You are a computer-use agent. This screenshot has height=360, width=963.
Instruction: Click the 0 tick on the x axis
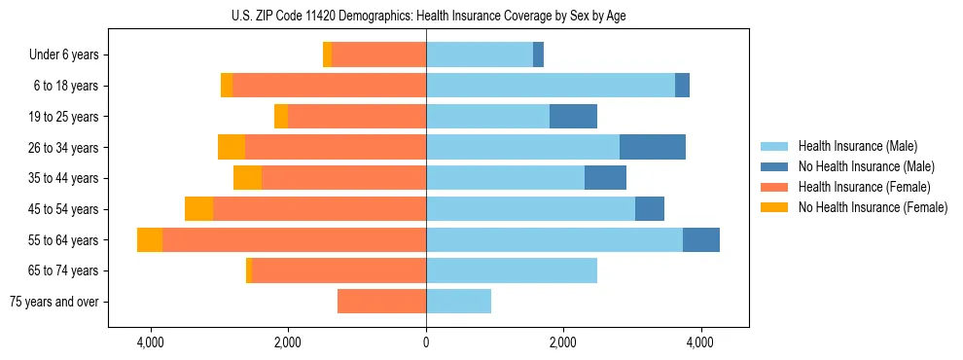(x=426, y=343)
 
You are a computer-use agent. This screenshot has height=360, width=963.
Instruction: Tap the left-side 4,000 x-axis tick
(x=151, y=343)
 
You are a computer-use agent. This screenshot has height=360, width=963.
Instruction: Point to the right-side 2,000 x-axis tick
(x=563, y=343)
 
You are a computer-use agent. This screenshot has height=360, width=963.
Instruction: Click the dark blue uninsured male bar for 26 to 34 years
(x=653, y=147)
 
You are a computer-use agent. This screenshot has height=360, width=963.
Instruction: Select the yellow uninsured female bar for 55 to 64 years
(x=150, y=239)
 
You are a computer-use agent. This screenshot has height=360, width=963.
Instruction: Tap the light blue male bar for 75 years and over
(x=458, y=302)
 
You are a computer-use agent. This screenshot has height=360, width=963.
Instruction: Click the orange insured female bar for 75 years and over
(x=381, y=302)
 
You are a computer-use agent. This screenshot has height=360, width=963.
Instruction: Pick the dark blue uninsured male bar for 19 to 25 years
(x=573, y=117)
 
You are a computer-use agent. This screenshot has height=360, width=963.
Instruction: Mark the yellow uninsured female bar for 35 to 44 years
(x=247, y=178)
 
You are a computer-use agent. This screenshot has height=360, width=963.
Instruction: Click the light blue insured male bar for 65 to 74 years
(x=512, y=270)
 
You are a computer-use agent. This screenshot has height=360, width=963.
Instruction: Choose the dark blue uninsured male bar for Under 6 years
(x=538, y=55)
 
